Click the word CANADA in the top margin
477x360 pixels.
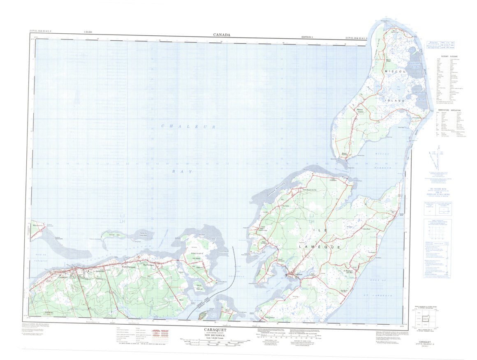coord(221,35)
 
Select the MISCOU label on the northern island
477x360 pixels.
coord(395,72)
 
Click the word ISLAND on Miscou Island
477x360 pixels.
coord(395,100)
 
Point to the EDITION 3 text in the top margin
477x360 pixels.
coord(309,37)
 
